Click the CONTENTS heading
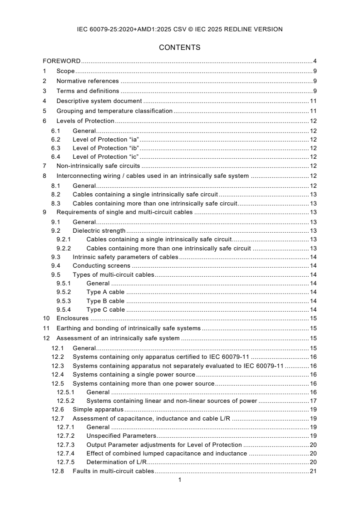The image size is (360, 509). (x=180, y=47)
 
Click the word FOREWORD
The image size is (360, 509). (x=62, y=61)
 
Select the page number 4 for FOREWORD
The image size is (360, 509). (x=314, y=61)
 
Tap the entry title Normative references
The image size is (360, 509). (x=87, y=81)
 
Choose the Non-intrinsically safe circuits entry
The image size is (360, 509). (x=98, y=166)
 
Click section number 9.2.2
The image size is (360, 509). (x=64, y=248)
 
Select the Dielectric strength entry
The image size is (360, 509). (x=99, y=231)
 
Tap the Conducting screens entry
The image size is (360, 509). (x=101, y=265)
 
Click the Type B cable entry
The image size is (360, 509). (x=105, y=301)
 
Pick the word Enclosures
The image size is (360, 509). (x=72, y=318)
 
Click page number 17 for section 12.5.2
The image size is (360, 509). (x=313, y=401)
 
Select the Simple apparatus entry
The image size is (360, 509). (x=98, y=410)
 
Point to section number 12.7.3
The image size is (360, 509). (x=65, y=445)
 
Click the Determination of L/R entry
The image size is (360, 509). (x=116, y=462)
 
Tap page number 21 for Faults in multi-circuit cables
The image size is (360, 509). (x=313, y=471)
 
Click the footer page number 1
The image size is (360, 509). (x=180, y=480)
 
